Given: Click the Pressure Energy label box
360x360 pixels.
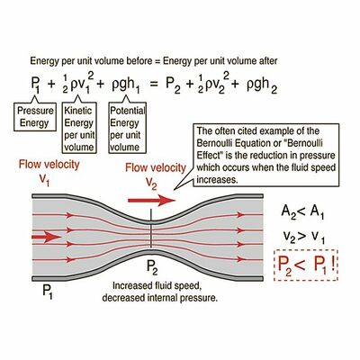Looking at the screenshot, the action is click(35, 117).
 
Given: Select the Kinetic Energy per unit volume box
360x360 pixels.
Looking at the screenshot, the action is click(79, 128).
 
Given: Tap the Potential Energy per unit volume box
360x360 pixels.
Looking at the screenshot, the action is click(127, 128).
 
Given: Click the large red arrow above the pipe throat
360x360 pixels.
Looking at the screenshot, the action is click(151, 200).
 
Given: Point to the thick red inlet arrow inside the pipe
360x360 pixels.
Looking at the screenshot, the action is click(47, 237).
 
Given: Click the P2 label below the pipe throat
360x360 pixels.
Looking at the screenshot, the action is click(152, 267).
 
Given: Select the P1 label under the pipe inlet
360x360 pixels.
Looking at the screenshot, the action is click(48, 292).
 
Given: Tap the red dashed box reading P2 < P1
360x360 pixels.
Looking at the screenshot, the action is click(306, 265).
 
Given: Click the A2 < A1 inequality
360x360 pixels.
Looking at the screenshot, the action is click(302, 212).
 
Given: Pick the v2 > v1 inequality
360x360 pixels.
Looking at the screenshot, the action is click(303, 238).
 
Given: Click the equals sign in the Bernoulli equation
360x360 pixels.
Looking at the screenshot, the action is click(154, 84).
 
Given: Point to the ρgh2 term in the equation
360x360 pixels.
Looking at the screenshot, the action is click(262, 85).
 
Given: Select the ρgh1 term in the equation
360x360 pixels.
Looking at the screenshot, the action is click(126, 85).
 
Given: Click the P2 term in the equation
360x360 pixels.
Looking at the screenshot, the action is click(174, 85).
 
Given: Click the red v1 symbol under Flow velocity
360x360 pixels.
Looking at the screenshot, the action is click(44, 179).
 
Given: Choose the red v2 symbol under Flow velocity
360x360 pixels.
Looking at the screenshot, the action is click(151, 183).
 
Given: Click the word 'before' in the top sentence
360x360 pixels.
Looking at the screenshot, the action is click(140, 61).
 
